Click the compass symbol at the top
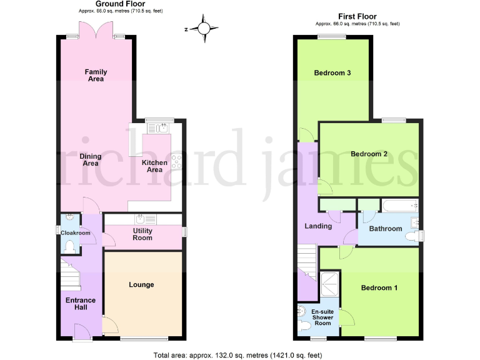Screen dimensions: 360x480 pos(204,28)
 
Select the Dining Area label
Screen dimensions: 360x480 pos(91,160)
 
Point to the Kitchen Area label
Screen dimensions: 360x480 pos(155,166)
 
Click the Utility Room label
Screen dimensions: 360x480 pos(142,234)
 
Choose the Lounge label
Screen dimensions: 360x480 pos(141,285)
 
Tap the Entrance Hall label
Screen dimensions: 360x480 pos(81,304)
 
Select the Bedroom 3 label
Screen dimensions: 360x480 pos(332,73)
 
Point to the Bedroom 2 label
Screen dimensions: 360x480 pos(369,154)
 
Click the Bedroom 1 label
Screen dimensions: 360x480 pos(379,288)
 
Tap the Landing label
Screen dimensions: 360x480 pos(318,226)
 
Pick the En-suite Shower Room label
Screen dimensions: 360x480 pos(322,317)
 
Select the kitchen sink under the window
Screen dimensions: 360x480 pos(157,128)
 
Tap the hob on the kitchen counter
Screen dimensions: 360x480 pos(177,161)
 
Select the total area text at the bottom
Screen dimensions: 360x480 pos(237,355)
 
